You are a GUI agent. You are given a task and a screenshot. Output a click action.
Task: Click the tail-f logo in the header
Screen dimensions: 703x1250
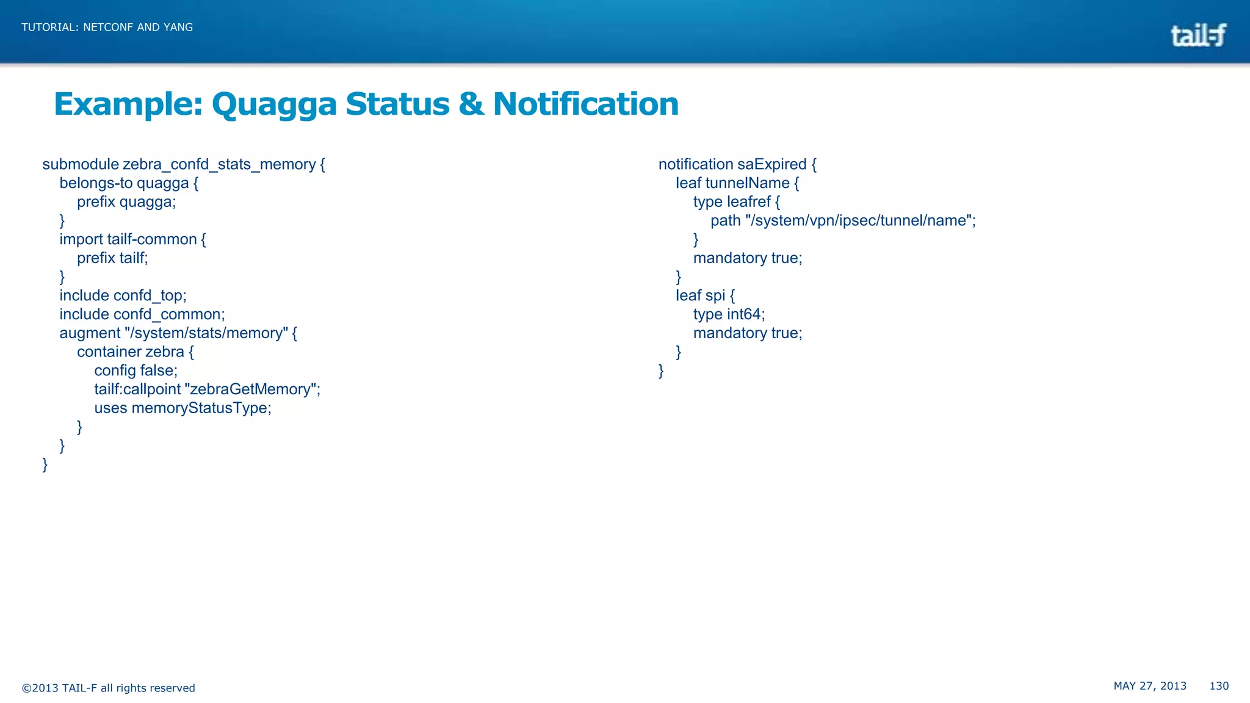(x=1198, y=35)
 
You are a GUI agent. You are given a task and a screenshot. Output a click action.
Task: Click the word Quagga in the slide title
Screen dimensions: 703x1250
(x=274, y=104)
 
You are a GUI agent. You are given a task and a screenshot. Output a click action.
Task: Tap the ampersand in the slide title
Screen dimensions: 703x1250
(x=471, y=104)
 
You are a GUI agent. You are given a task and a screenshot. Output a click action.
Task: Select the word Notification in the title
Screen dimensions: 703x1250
(x=585, y=104)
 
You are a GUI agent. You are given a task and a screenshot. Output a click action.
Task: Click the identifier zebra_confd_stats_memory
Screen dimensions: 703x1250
(x=219, y=165)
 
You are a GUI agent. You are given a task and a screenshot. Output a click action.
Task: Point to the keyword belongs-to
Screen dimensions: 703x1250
(x=96, y=183)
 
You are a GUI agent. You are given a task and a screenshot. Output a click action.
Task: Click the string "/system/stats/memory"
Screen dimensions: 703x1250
(x=206, y=333)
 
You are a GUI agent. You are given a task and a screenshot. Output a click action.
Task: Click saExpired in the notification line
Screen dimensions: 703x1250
(x=771, y=165)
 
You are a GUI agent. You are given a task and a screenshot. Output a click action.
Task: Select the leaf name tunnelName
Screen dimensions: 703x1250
(x=747, y=183)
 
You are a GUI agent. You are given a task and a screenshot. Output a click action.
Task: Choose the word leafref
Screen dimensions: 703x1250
(x=748, y=202)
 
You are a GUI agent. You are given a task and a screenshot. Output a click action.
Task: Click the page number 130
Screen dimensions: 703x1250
(x=1219, y=686)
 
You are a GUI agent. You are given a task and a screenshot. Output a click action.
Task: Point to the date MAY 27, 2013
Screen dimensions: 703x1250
(x=1150, y=686)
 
